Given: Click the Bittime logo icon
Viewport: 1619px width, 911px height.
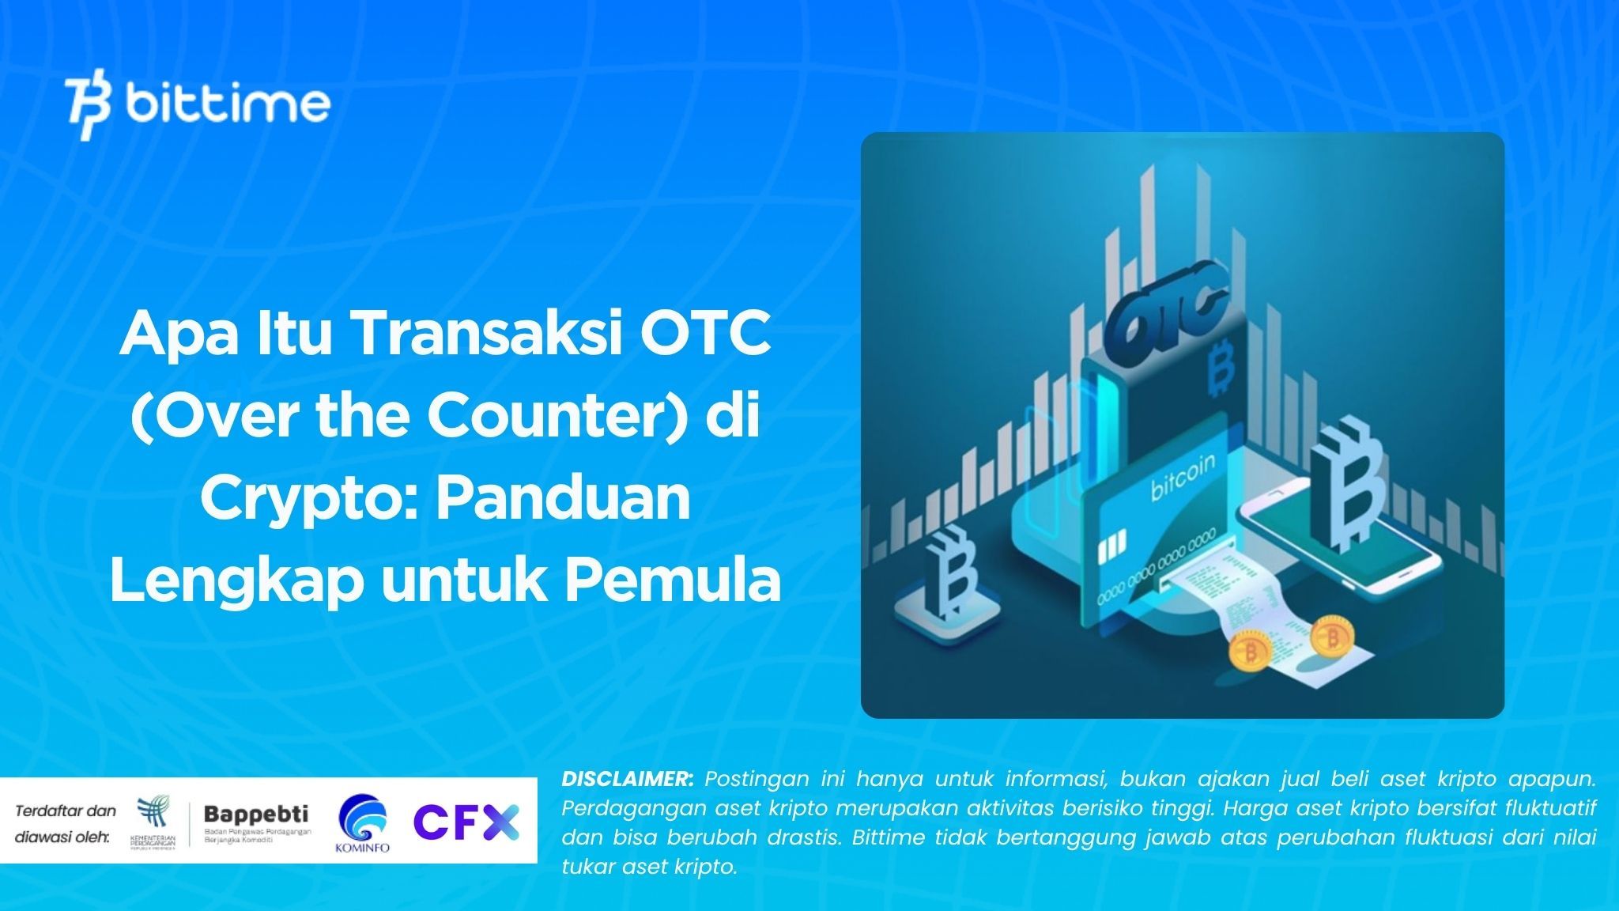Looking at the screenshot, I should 89,108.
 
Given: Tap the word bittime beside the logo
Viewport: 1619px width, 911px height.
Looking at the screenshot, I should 228,104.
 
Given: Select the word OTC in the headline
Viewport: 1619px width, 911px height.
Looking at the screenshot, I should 705,335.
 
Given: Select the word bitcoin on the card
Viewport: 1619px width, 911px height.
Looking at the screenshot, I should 1183,478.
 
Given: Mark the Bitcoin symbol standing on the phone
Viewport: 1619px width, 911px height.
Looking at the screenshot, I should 1345,482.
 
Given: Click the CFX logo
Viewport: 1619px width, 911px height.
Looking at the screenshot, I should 466,822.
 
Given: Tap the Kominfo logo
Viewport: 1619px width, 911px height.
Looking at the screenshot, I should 362,823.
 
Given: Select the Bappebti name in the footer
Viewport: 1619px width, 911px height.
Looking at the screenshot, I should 256,814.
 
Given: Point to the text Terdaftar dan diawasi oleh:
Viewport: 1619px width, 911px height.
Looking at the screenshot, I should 65,823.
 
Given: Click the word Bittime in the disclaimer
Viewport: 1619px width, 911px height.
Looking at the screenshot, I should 889,837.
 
